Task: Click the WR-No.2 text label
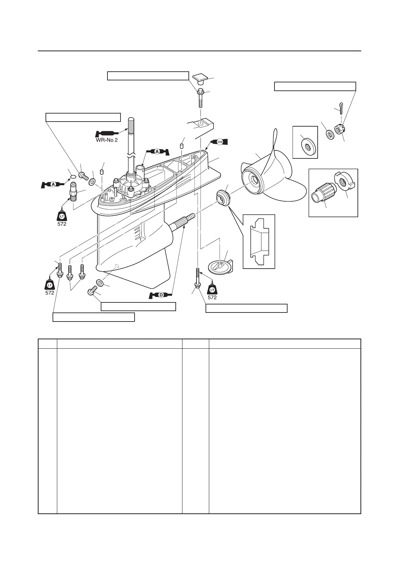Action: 105,140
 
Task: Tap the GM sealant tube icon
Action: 219,142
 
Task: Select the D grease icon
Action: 161,295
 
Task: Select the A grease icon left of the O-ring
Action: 53,184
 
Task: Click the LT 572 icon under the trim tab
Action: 212,291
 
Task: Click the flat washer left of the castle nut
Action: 330,135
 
